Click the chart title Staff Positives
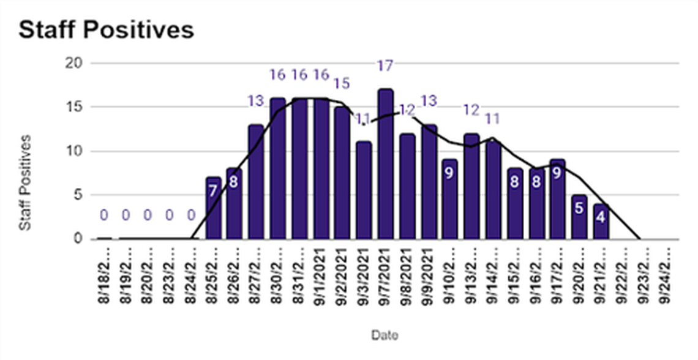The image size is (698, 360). (x=106, y=29)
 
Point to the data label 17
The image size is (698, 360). (x=385, y=65)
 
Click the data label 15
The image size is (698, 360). (x=342, y=82)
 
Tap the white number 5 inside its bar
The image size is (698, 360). (x=579, y=208)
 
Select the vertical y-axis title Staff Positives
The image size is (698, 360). (x=24, y=182)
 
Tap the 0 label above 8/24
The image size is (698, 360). (x=191, y=215)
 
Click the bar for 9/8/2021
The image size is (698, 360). (x=407, y=186)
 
